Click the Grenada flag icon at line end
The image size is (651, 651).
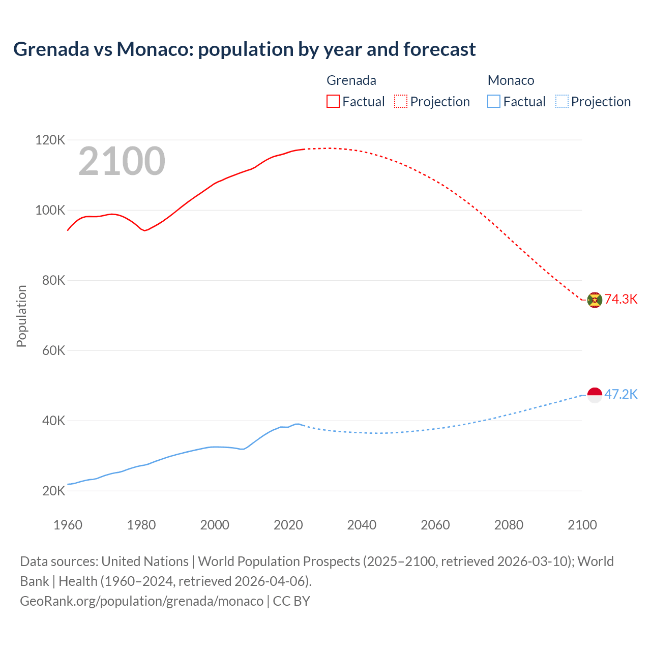pyautogui.click(x=595, y=300)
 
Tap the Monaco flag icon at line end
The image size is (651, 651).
pyautogui.click(x=595, y=395)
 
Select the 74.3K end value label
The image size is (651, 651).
pyautogui.click(x=621, y=299)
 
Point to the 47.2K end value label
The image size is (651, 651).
pyautogui.click(x=621, y=394)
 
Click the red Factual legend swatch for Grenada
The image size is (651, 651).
pyautogui.click(x=333, y=101)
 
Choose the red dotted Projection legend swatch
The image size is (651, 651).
pyautogui.click(x=401, y=101)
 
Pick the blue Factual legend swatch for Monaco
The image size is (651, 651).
pyautogui.click(x=494, y=101)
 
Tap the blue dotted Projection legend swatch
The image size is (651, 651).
pyautogui.click(x=561, y=101)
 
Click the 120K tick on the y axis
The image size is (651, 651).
pyautogui.click(x=50, y=140)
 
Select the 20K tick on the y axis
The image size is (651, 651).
pyautogui.click(x=53, y=491)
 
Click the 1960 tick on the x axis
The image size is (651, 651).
pyautogui.click(x=68, y=525)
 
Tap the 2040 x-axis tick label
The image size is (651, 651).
pyautogui.click(x=362, y=525)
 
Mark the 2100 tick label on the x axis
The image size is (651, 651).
pyautogui.click(x=582, y=525)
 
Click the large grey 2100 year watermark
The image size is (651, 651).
pyautogui.click(x=122, y=161)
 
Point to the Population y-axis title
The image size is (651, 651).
pyautogui.click(x=21, y=316)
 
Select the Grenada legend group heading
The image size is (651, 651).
pyautogui.click(x=351, y=80)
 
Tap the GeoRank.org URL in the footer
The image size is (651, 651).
pyautogui.click(x=141, y=601)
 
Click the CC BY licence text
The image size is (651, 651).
pyautogui.click(x=291, y=601)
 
